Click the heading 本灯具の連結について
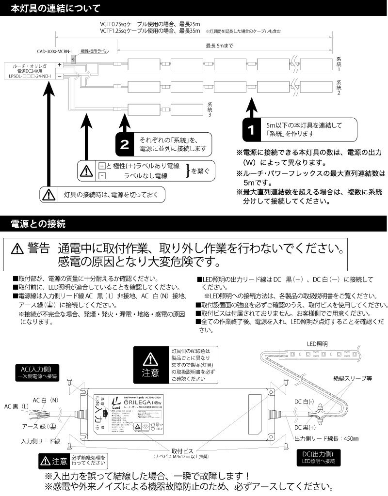[x=56, y=8]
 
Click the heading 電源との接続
[x=41, y=224]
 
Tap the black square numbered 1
[x=251, y=129]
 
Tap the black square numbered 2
[x=125, y=144]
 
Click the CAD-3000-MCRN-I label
[x=54, y=51]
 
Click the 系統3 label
[x=210, y=110]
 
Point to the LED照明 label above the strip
[x=317, y=343]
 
